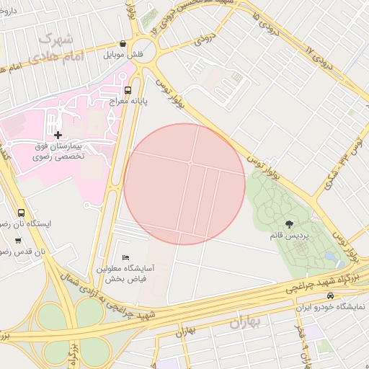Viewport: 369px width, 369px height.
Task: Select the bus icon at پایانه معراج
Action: click(x=128, y=90)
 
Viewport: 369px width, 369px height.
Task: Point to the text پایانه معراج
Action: click(x=128, y=102)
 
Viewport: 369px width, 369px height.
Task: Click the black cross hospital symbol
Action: click(x=58, y=134)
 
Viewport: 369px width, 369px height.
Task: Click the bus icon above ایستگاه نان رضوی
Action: click(x=21, y=213)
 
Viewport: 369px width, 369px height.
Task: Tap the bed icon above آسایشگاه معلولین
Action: click(x=126, y=257)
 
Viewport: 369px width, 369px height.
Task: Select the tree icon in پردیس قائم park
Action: click(x=290, y=224)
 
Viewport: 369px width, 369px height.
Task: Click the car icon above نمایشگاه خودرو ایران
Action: click(x=330, y=295)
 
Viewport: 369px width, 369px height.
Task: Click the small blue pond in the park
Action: click(x=330, y=257)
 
